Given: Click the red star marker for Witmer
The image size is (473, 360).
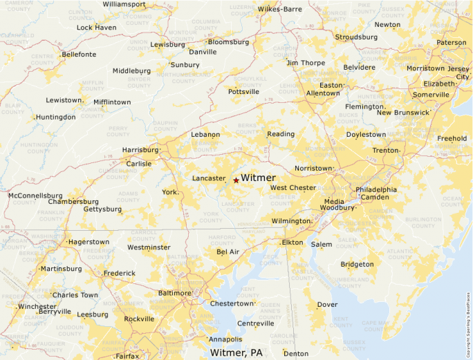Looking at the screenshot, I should point(236,180).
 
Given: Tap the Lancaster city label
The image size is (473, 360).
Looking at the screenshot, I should point(209,178).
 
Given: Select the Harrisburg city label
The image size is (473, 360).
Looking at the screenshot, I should point(140,149).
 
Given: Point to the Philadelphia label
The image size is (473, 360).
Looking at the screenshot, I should point(376,189).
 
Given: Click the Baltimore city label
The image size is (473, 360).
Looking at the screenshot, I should point(174,293).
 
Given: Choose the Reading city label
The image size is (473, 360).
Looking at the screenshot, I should point(281,134).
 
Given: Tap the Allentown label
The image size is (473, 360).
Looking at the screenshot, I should point(323,93).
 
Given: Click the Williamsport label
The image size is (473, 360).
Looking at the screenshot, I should point(124,4).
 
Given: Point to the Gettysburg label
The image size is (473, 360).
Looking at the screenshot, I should point(102,209).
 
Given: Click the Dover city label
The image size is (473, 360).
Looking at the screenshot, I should point(327,305).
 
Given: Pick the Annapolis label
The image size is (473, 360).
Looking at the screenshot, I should point(225,339).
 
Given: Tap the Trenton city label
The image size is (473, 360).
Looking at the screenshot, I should point(385,151).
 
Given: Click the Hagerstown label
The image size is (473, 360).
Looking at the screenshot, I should point(89,243).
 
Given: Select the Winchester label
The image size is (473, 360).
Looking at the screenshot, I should point(37,307).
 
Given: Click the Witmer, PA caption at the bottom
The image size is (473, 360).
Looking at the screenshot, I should point(236,353).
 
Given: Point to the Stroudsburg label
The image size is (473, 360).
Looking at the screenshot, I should point(356,37).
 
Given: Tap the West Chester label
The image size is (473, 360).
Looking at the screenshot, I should point(293,188).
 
